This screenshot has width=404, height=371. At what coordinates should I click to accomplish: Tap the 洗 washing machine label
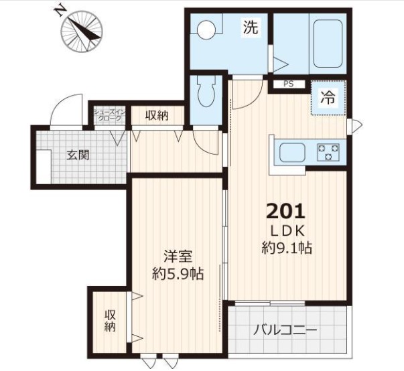pos(251,27)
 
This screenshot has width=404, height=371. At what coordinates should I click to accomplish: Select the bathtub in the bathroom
pos(328,44)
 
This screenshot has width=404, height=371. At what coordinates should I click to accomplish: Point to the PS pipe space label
pos(289,84)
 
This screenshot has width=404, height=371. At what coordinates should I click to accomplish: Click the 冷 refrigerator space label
pos(328,98)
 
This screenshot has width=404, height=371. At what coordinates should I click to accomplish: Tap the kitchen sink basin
pos(293,153)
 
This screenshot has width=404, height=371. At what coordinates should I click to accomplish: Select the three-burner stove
pos(328,152)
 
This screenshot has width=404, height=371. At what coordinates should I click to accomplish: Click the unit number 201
pos(285,212)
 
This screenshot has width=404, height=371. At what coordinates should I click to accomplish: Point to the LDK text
pos(287,231)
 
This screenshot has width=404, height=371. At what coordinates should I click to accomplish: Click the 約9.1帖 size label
pos(287,247)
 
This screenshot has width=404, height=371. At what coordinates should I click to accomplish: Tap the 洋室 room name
pos(178,256)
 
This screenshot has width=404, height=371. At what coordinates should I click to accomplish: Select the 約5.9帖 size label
pos(178,274)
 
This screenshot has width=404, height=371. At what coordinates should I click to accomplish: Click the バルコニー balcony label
pos(285,329)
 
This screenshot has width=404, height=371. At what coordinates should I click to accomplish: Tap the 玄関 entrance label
pos(78,155)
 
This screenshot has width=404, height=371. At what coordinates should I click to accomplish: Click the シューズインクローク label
pos(110,115)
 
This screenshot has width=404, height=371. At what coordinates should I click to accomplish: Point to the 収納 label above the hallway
pos(157,115)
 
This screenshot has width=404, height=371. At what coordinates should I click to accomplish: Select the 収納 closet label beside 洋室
pos(110,320)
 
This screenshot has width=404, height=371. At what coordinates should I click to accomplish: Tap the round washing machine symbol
pos(206,29)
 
